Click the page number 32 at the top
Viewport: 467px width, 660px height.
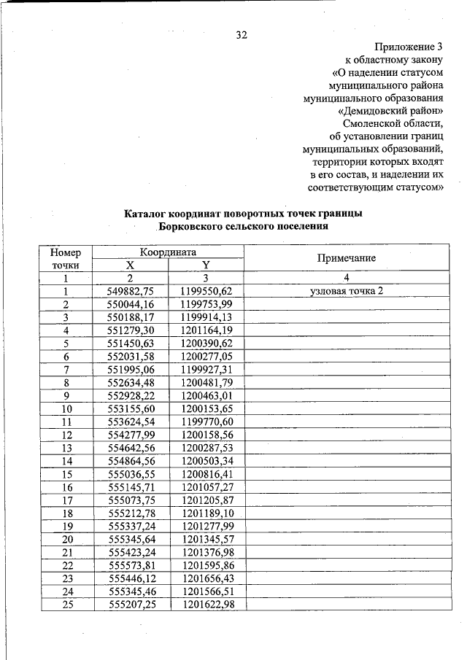pos(241,34)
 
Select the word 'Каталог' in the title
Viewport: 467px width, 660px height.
pos(144,214)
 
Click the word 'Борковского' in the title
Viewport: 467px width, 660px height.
pos(196,227)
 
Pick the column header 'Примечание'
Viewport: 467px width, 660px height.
pos(346,258)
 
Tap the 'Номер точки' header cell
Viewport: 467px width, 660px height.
pos(65,258)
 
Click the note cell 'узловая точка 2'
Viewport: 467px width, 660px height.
pos(346,291)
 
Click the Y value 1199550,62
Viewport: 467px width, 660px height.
pos(207,291)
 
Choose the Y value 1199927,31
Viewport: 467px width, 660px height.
pos(207,369)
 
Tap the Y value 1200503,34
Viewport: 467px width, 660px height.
pos(207,461)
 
